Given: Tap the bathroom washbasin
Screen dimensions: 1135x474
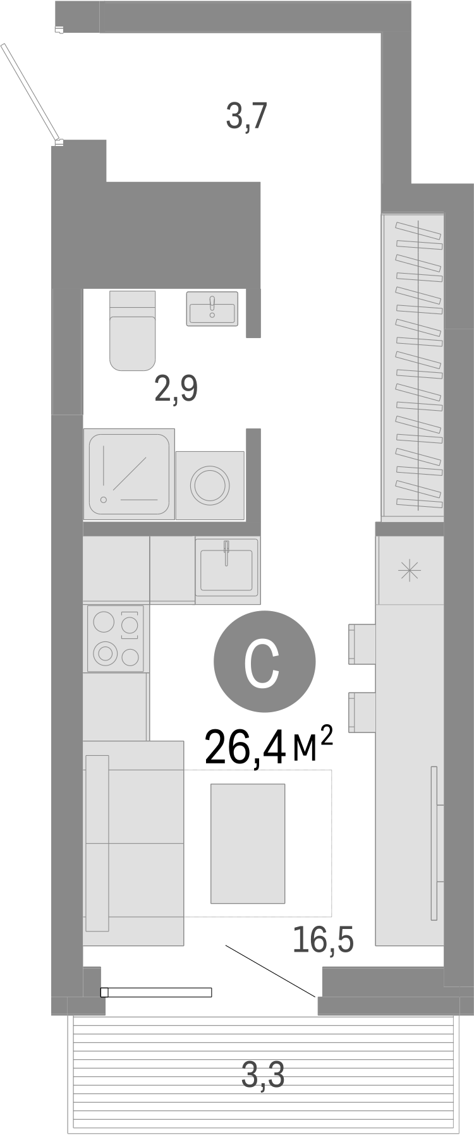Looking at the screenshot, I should pos(212,308).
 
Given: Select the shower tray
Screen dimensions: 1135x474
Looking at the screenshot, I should pos(129,473).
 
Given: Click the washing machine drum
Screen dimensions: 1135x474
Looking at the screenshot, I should pos(210,485).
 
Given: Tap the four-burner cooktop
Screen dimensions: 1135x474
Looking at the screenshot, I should pos(116,638).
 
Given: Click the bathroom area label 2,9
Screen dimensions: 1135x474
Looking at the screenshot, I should pos(176,389).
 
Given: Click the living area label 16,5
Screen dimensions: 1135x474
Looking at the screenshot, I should pos(322,940).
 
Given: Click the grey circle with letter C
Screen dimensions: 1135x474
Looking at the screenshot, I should pos(264,661).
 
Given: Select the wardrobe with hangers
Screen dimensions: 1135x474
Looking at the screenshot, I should pos(413,366).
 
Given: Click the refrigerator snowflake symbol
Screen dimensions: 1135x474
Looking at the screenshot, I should pos(410,571).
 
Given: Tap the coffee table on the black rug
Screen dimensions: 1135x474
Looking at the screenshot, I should pos(248,843).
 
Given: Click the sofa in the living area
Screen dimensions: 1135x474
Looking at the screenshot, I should pos(133,843).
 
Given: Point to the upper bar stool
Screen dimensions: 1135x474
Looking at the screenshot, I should pos(362,643).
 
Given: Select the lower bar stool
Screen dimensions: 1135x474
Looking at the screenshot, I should pos(362,713).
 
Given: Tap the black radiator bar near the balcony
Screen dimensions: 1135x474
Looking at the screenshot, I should pos(156,992).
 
